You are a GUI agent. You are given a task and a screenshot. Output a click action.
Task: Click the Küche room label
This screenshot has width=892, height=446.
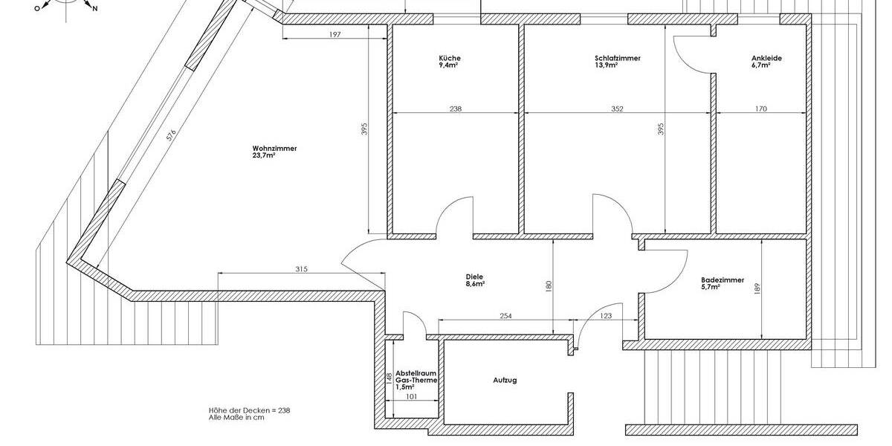[x=450, y=58]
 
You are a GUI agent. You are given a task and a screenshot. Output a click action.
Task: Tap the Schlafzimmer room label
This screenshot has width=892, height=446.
[x=617, y=58]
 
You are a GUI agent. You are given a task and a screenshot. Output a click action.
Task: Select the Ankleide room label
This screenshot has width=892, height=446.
[x=766, y=58]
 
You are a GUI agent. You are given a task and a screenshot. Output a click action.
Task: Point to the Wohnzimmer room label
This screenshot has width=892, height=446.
[x=274, y=149]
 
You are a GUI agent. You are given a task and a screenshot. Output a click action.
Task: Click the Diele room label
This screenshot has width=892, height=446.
[x=475, y=277]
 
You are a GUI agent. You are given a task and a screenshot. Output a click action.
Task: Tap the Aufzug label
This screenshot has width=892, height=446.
[x=504, y=380]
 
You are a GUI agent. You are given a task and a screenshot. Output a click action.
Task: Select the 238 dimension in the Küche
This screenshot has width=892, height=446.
[x=456, y=109]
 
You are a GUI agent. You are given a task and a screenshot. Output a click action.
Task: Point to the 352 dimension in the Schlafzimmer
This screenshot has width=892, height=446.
[x=617, y=109]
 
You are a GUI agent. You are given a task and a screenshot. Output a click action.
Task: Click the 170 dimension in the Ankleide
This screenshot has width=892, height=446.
[x=760, y=109]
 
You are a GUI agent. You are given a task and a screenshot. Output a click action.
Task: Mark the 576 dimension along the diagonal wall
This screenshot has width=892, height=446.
[x=170, y=135]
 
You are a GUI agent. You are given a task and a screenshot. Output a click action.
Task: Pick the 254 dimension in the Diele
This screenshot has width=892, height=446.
[x=505, y=317]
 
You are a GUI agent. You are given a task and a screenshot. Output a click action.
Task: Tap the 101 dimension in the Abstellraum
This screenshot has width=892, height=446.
[x=411, y=396]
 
